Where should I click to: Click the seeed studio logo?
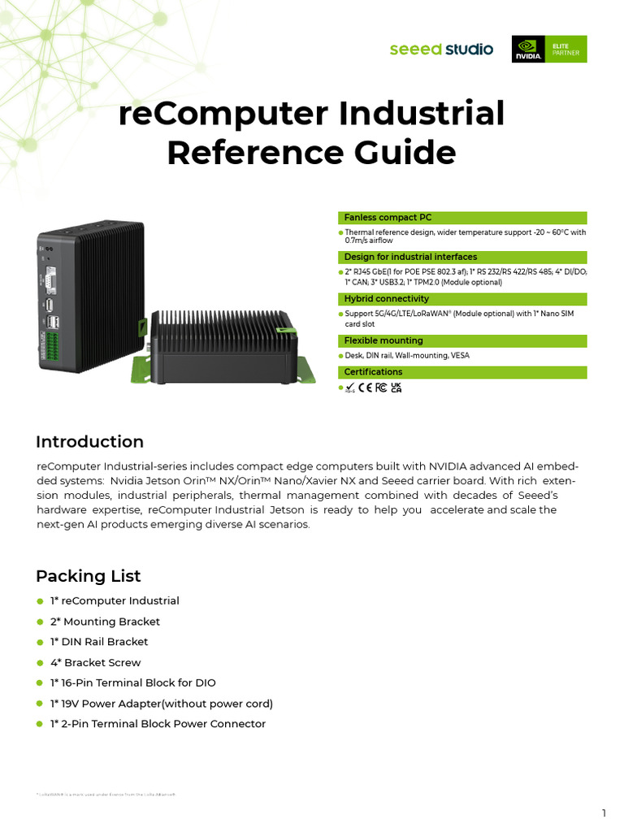point(441,50)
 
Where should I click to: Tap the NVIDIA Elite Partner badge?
point(548,50)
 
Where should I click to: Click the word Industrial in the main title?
point(423,114)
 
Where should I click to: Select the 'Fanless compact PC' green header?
point(461,218)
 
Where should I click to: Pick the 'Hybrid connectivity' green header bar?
point(461,299)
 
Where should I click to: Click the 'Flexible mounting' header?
point(461,340)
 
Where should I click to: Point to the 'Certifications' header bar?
point(461,372)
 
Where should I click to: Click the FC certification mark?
point(381,388)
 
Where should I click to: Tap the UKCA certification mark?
point(396,388)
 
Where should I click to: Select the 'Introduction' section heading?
point(89,442)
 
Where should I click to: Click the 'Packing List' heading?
point(88,576)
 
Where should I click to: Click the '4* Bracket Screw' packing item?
point(95,662)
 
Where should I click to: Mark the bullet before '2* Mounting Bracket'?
point(40,622)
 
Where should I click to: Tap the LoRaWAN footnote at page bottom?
point(106,794)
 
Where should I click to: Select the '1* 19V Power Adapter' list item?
point(161,704)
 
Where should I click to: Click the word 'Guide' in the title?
point(399,153)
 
